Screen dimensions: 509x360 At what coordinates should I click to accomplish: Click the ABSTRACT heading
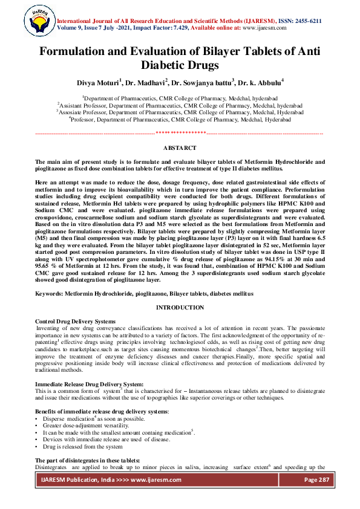click(x=180, y=148)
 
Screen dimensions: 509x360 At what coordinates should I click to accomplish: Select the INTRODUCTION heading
click(x=180, y=308)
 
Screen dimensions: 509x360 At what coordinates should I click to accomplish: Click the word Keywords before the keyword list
click(x=50, y=293)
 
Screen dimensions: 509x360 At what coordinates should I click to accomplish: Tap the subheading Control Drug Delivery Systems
click(x=75, y=321)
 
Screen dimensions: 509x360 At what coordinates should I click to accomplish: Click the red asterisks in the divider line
click(x=180, y=132)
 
